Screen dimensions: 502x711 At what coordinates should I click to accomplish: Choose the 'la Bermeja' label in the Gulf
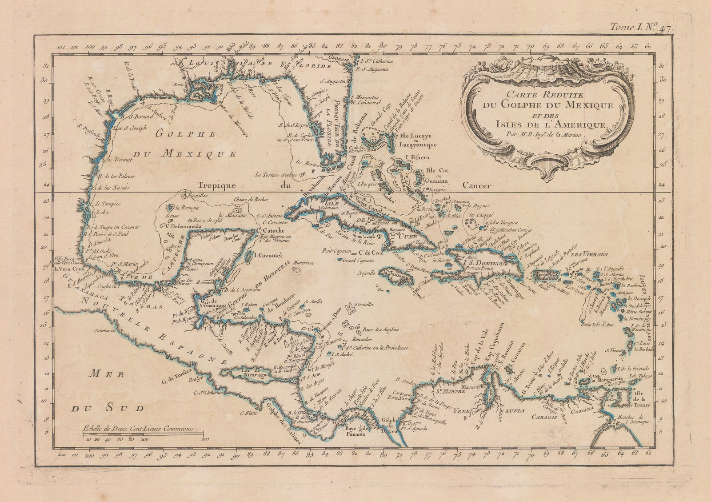[x=186, y=207]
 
